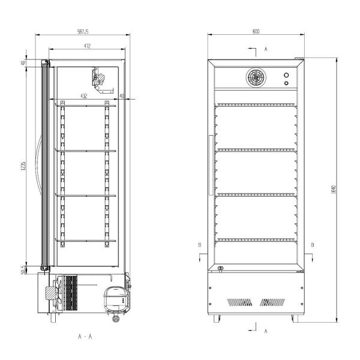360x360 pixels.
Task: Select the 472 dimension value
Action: coord(87,46)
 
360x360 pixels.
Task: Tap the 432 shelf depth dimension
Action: coord(84,95)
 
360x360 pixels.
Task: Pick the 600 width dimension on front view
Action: coord(256,32)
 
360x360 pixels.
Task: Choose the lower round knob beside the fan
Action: coord(286,83)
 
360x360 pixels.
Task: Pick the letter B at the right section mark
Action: coord(312,245)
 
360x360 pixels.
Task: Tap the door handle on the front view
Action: coord(211,164)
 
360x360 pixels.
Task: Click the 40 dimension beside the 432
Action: coord(122,95)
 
